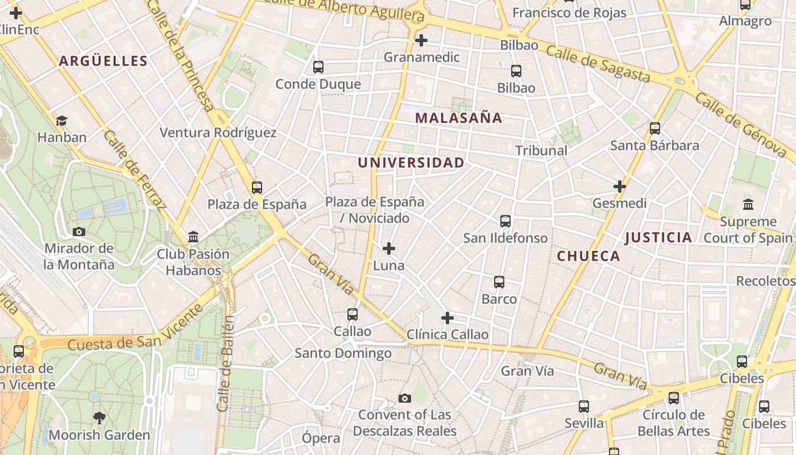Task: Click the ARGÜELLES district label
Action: [x=103, y=61]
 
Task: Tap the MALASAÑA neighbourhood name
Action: [x=458, y=118]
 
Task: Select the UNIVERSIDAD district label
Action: [x=411, y=163]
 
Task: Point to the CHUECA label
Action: [x=588, y=256]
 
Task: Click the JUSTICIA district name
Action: [x=658, y=238]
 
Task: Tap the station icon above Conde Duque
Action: [x=318, y=67]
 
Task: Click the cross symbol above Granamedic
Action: [x=421, y=40]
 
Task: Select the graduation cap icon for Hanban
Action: [x=61, y=121]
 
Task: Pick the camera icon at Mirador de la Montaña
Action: [x=79, y=231]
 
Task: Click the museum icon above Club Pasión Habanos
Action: [x=193, y=237]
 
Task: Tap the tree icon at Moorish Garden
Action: [x=100, y=419]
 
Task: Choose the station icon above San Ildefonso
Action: [x=505, y=221]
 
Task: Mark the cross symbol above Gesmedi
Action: [x=619, y=186]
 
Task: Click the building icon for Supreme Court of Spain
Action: [x=748, y=204]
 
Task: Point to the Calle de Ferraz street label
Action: [x=134, y=169]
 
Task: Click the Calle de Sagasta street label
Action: [x=598, y=63]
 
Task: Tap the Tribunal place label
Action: [x=541, y=151]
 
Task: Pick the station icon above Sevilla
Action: [x=584, y=407]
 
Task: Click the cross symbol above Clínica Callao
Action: [x=447, y=317]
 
